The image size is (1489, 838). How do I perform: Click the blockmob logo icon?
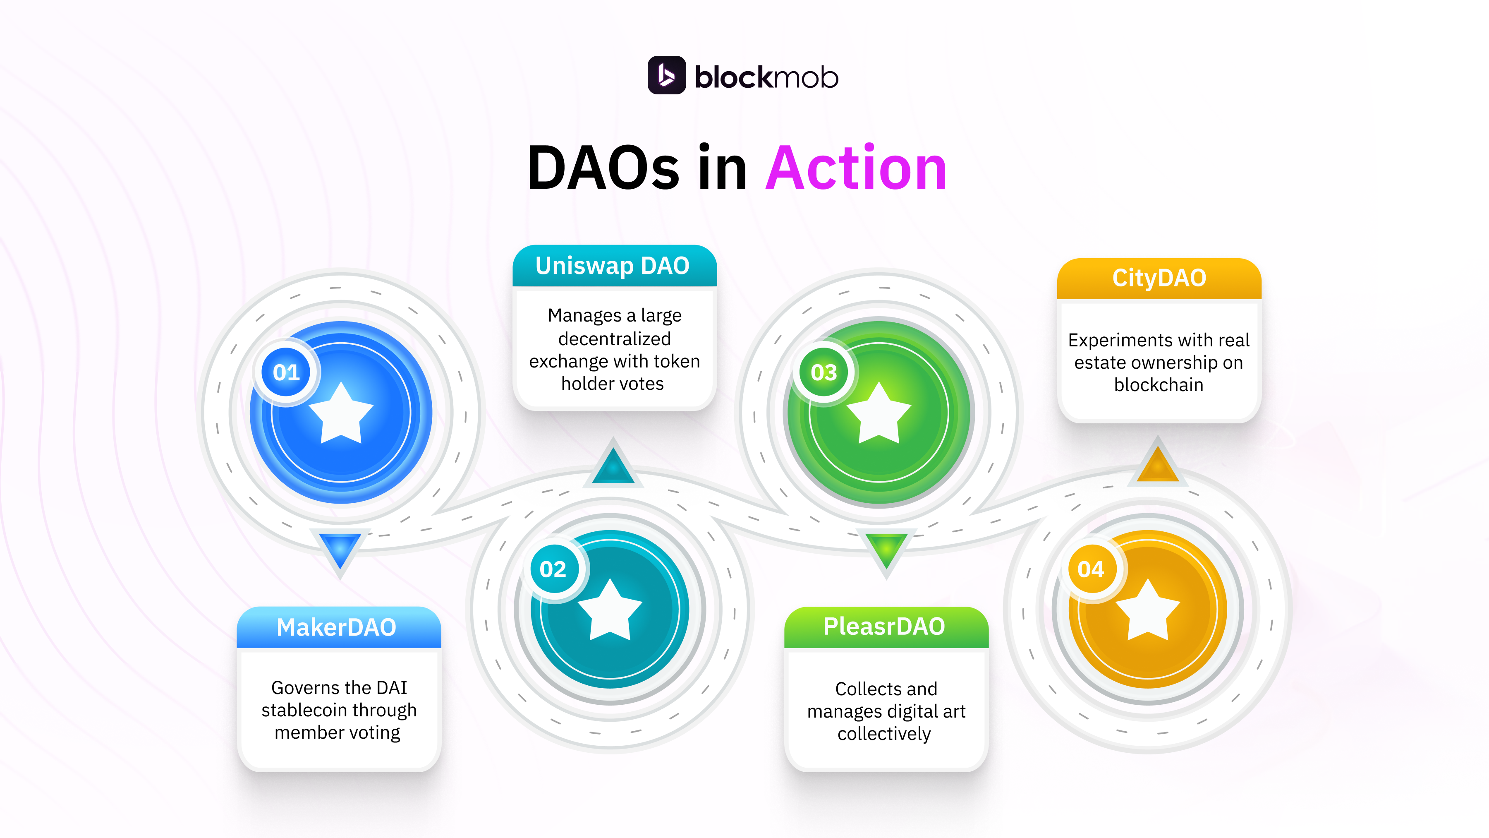click(666, 75)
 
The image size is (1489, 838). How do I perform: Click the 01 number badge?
click(286, 372)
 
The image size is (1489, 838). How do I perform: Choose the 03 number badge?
click(823, 372)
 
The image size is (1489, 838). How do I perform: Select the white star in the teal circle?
click(610, 611)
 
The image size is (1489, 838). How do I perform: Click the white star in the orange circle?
click(1147, 611)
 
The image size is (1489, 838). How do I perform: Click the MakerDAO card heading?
click(336, 627)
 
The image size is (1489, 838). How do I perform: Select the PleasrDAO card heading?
click(884, 627)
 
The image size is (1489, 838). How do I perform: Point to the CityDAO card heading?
click(1159, 278)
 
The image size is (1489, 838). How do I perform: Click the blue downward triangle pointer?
click(340, 550)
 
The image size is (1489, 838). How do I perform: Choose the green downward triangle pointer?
click(886, 550)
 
